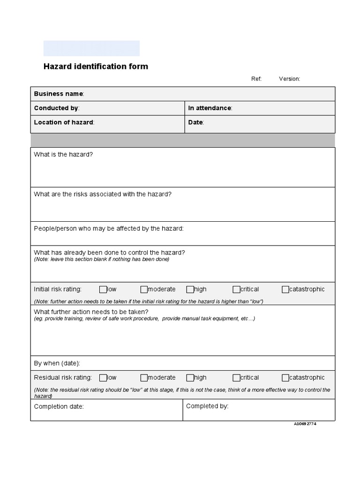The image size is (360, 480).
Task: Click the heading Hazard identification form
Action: tap(96, 67)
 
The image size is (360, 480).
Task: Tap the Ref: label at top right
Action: tap(256, 79)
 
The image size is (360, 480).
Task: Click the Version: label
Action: tap(289, 79)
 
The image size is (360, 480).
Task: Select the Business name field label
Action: tap(59, 94)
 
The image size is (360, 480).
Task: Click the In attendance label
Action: tap(210, 108)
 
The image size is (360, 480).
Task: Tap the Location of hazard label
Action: tap(64, 122)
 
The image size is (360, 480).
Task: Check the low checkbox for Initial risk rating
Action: tap(103, 289)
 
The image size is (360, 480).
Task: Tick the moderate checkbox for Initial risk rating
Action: tap(144, 289)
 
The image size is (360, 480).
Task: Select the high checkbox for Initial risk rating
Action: tap(190, 289)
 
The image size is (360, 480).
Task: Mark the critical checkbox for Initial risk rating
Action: tap(236, 289)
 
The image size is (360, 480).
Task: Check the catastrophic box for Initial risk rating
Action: tap(285, 289)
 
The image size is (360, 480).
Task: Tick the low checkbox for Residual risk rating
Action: tap(103, 377)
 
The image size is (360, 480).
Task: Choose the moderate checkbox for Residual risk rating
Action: tap(144, 377)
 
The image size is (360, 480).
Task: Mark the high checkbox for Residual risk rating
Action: tap(190, 377)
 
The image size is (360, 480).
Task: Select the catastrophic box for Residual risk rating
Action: tap(285, 377)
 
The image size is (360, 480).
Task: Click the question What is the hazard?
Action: tap(63, 154)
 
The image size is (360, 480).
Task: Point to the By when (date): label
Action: tap(57, 363)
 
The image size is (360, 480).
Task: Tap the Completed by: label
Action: tap(207, 406)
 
